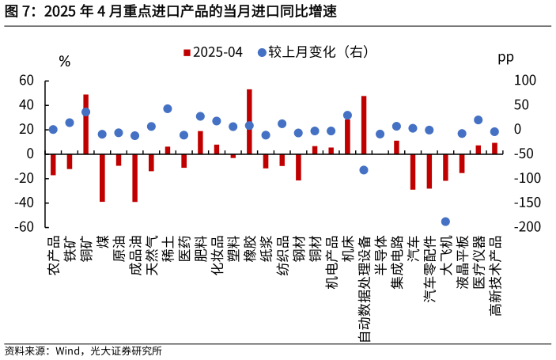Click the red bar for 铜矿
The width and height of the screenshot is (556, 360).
(85, 123)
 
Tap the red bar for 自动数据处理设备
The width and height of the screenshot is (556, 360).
(364, 124)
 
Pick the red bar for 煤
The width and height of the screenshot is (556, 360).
(102, 177)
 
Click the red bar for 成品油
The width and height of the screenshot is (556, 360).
(135, 177)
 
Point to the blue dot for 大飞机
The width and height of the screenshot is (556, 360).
(445, 222)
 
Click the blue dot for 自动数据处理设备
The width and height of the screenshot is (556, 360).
(364, 170)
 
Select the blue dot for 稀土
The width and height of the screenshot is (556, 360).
(168, 109)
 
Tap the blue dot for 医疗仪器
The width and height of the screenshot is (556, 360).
(478, 120)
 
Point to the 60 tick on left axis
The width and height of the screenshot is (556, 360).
(27, 81)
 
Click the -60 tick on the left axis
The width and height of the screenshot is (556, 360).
(25, 227)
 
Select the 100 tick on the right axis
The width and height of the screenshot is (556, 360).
(525, 81)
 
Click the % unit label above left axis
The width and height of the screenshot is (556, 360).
(64, 62)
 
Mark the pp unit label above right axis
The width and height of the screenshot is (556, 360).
(505, 58)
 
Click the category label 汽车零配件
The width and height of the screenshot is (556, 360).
(429, 269)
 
